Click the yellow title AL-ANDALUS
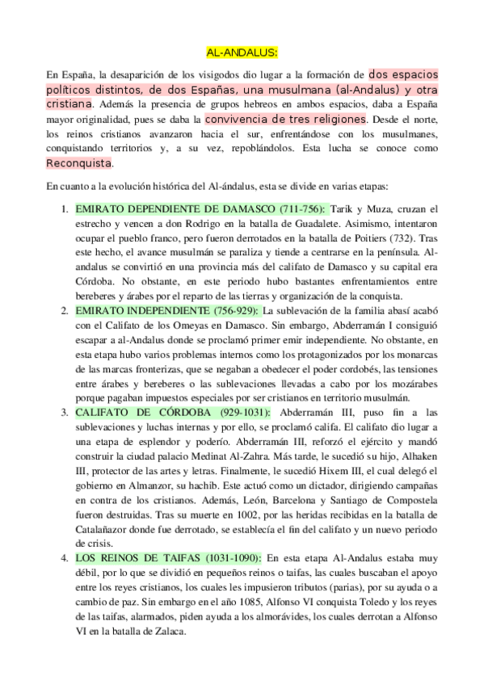click(x=242, y=52)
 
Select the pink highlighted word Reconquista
click(x=79, y=164)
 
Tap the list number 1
click(x=65, y=208)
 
